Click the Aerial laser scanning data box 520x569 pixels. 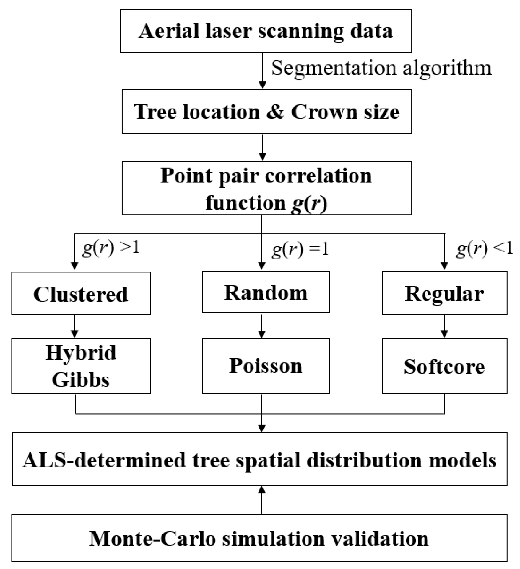[266, 31]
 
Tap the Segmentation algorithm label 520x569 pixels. [381, 68]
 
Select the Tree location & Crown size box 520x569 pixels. [266, 112]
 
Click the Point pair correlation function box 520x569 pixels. [266, 188]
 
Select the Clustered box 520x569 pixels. [81, 293]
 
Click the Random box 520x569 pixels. [266, 292]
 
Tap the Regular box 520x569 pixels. [444, 293]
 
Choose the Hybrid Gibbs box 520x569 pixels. [81, 366]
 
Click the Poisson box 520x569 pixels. [266, 366]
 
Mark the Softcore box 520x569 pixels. [444, 366]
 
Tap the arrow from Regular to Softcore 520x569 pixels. [444, 326]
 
